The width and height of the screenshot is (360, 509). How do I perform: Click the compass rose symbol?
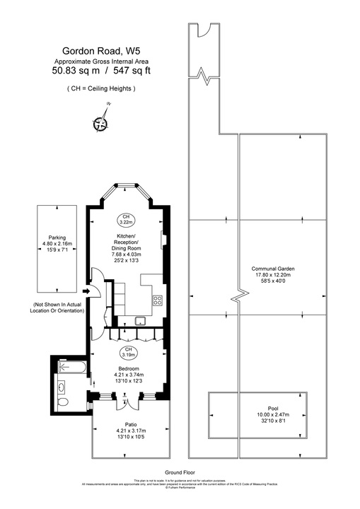101,123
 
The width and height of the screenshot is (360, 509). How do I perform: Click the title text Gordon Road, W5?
101,50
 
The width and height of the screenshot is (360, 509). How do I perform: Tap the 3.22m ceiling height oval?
125,219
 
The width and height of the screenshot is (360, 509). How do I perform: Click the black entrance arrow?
86,290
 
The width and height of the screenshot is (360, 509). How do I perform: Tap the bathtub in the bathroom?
73,368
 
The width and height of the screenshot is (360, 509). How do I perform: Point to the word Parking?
57,238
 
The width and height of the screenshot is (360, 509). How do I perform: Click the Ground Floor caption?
180,472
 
